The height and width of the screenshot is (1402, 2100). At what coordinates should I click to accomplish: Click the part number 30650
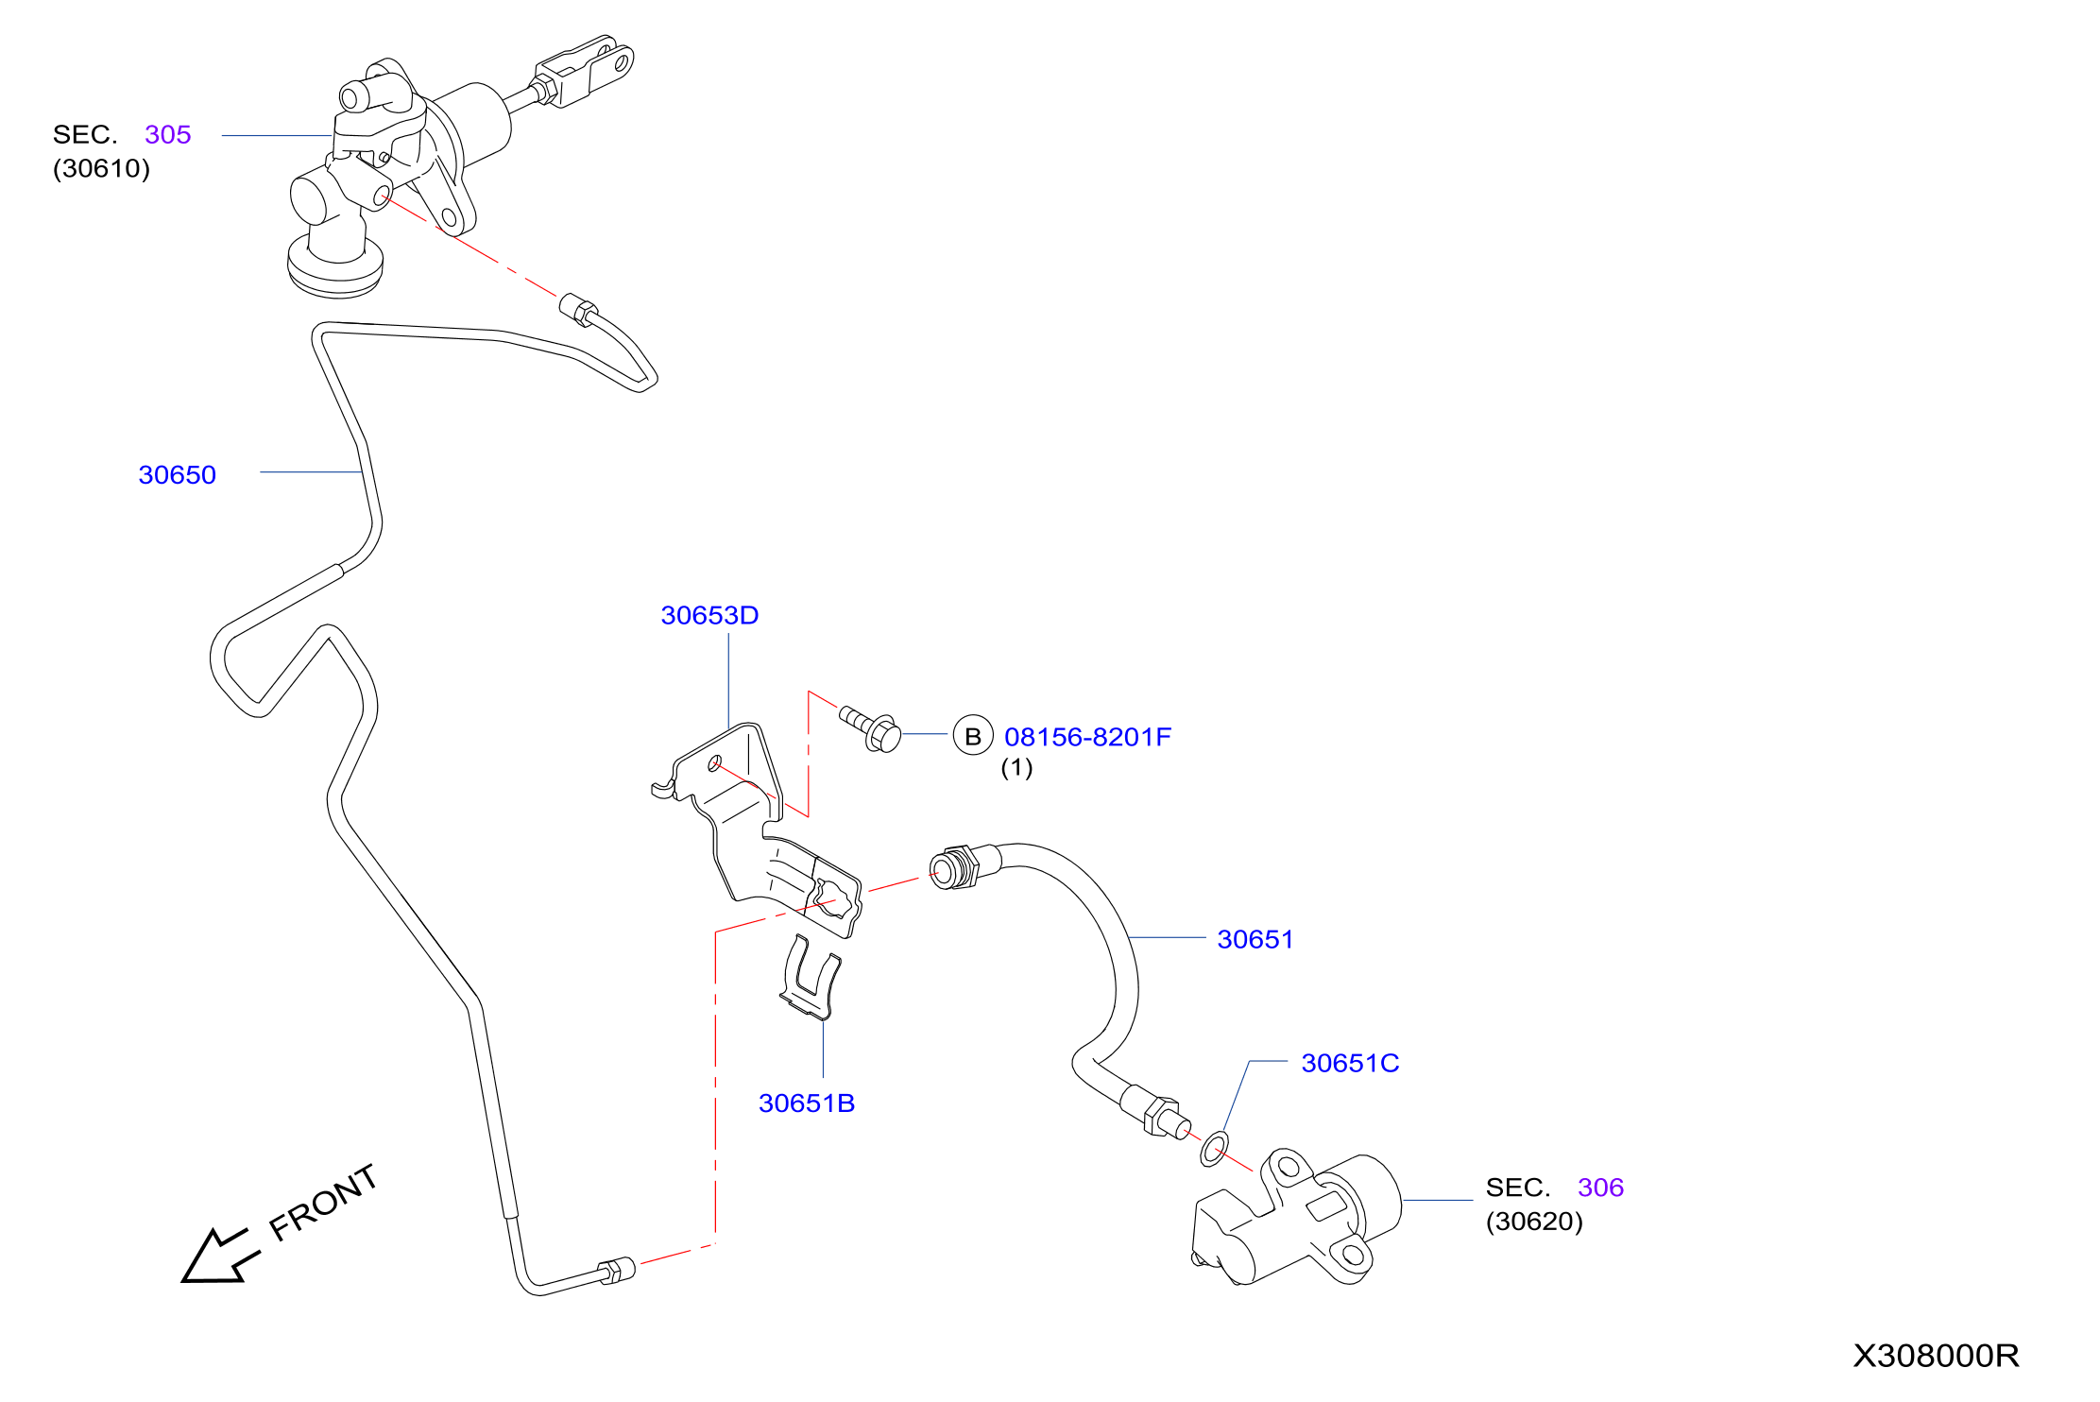point(177,474)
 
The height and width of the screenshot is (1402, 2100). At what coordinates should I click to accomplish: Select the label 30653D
point(709,615)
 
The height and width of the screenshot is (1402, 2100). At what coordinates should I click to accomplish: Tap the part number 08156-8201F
point(1087,737)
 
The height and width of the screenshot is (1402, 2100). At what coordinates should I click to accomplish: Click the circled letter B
point(973,735)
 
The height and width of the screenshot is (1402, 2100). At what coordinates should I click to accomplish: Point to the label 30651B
point(807,1103)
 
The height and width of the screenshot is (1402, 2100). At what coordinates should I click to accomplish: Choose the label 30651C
point(1350,1063)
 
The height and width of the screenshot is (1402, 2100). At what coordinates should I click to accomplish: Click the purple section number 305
point(168,134)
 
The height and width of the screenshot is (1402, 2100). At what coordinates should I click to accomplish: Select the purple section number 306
point(1600,1188)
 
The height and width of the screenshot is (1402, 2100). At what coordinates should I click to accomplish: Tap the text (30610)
point(101,168)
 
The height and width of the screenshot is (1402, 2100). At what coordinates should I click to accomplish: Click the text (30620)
point(1534,1222)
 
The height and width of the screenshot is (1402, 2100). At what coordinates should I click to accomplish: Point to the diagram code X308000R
point(1936,1356)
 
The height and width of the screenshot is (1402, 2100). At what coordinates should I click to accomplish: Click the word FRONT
point(323,1202)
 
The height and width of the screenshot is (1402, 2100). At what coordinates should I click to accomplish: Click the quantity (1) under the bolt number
point(1016,767)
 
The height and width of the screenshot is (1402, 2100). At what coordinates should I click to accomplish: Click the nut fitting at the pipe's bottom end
point(616,1271)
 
